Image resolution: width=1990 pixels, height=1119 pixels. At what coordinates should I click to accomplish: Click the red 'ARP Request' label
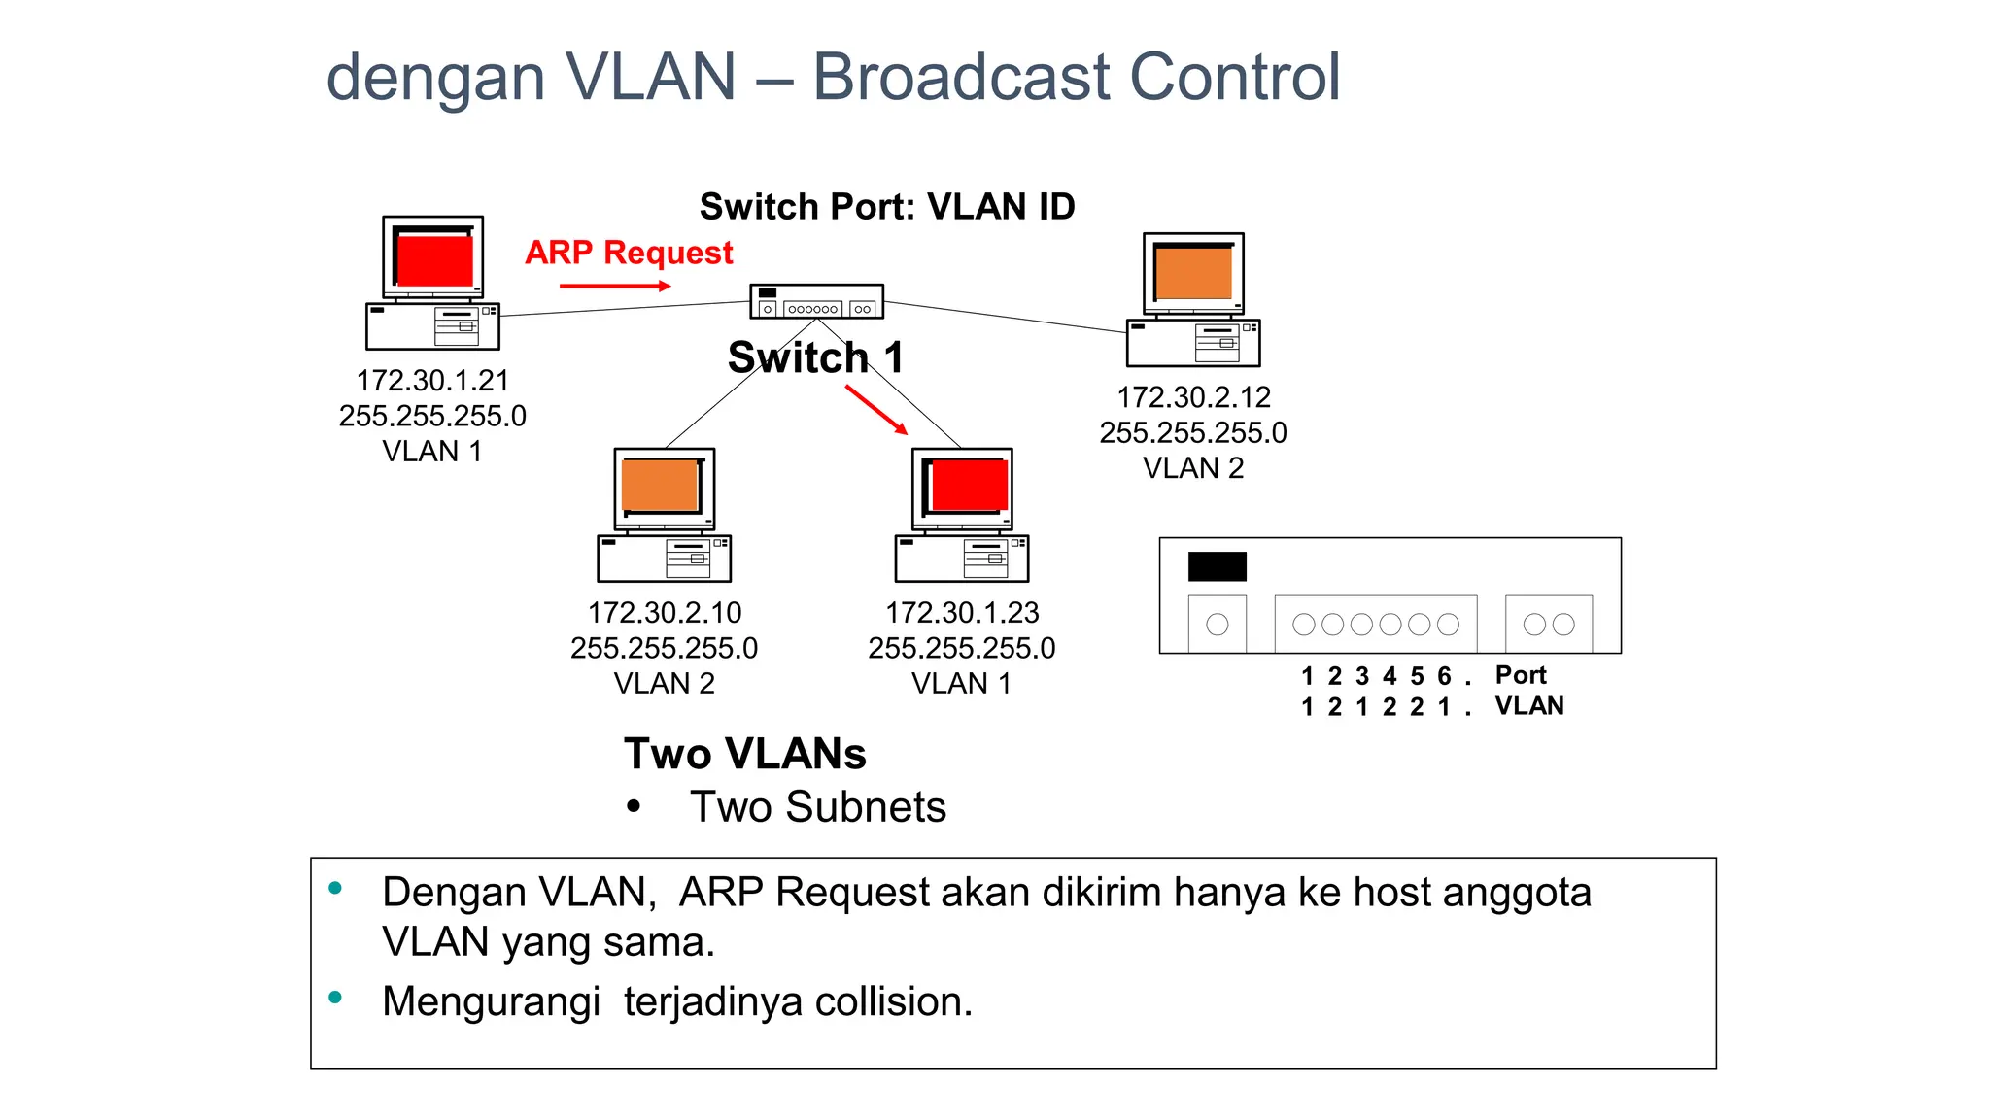[629, 253]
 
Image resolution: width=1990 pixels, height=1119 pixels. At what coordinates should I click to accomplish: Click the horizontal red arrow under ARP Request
[614, 286]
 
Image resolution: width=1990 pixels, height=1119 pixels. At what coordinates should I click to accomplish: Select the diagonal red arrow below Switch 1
[875, 409]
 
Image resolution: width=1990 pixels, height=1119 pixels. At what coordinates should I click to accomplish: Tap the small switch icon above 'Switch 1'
[816, 301]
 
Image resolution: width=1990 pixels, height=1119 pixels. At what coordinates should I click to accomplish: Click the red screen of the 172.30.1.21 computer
[434, 260]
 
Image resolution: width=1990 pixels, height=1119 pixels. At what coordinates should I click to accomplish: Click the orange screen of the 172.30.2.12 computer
[1193, 273]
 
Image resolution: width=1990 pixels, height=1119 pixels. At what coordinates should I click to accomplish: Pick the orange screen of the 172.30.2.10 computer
[660, 486]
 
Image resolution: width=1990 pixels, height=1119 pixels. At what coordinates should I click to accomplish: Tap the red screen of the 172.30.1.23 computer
[969, 485]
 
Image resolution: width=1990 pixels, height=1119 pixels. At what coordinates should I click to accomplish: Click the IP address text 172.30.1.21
[432, 380]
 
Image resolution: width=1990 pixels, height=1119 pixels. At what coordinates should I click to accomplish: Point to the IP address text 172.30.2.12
[1193, 397]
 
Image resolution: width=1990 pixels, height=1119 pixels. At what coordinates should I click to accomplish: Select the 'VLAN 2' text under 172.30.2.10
[665, 684]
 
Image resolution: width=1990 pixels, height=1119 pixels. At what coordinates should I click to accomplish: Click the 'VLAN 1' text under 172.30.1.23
[961, 684]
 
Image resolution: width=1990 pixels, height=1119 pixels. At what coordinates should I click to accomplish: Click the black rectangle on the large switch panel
[1217, 566]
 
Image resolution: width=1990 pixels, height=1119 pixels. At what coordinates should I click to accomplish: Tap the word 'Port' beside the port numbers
[1520, 675]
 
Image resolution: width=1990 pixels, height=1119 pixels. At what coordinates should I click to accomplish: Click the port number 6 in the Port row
[1444, 676]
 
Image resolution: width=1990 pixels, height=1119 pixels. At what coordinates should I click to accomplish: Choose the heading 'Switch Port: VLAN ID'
[887, 207]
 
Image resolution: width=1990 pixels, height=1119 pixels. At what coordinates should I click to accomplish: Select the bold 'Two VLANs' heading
[744, 754]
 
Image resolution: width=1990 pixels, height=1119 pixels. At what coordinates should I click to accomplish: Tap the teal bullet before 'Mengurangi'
[335, 997]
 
